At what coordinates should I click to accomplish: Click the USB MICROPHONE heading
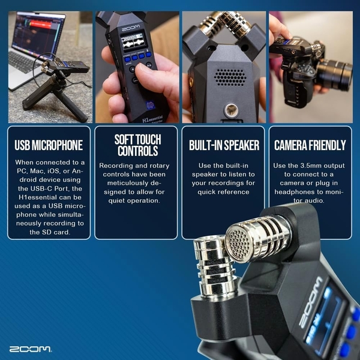pos(49,145)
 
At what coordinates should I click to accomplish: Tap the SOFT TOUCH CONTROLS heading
pos(136,145)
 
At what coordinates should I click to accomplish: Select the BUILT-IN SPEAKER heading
pos(223,145)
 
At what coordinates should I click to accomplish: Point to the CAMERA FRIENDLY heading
pos(310,145)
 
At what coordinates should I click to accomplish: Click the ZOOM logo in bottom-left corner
pos(30,349)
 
